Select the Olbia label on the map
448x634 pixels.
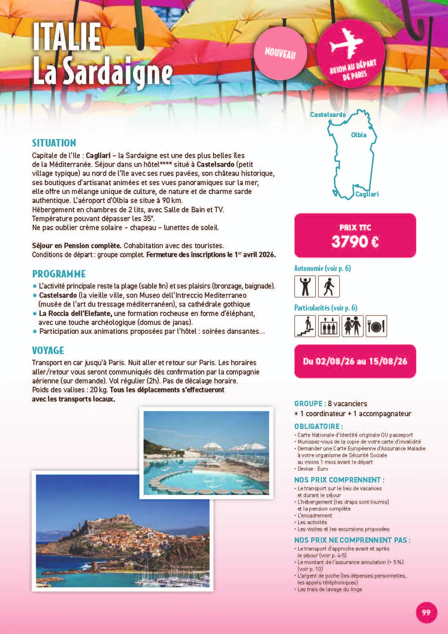click(x=359, y=135)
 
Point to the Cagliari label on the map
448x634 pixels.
click(x=367, y=194)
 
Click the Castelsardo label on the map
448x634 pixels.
click(x=328, y=114)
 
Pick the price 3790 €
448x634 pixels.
click(x=355, y=242)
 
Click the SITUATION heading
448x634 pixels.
click(x=54, y=143)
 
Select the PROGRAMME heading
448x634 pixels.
click(x=59, y=274)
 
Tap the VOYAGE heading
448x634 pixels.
click(x=48, y=351)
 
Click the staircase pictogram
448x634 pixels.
click(x=305, y=326)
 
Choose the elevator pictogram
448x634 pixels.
click(x=329, y=326)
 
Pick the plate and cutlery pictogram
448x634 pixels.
click(x=376, y=326)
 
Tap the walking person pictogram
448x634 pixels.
click(x=329, y=286)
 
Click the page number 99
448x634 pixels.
click(x=426, y=612)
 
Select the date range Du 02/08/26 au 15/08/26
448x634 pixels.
click(x=355, y=361)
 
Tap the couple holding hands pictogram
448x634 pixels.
click(x=352, y=326)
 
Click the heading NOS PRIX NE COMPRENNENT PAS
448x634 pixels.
click(x=352, y=540)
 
